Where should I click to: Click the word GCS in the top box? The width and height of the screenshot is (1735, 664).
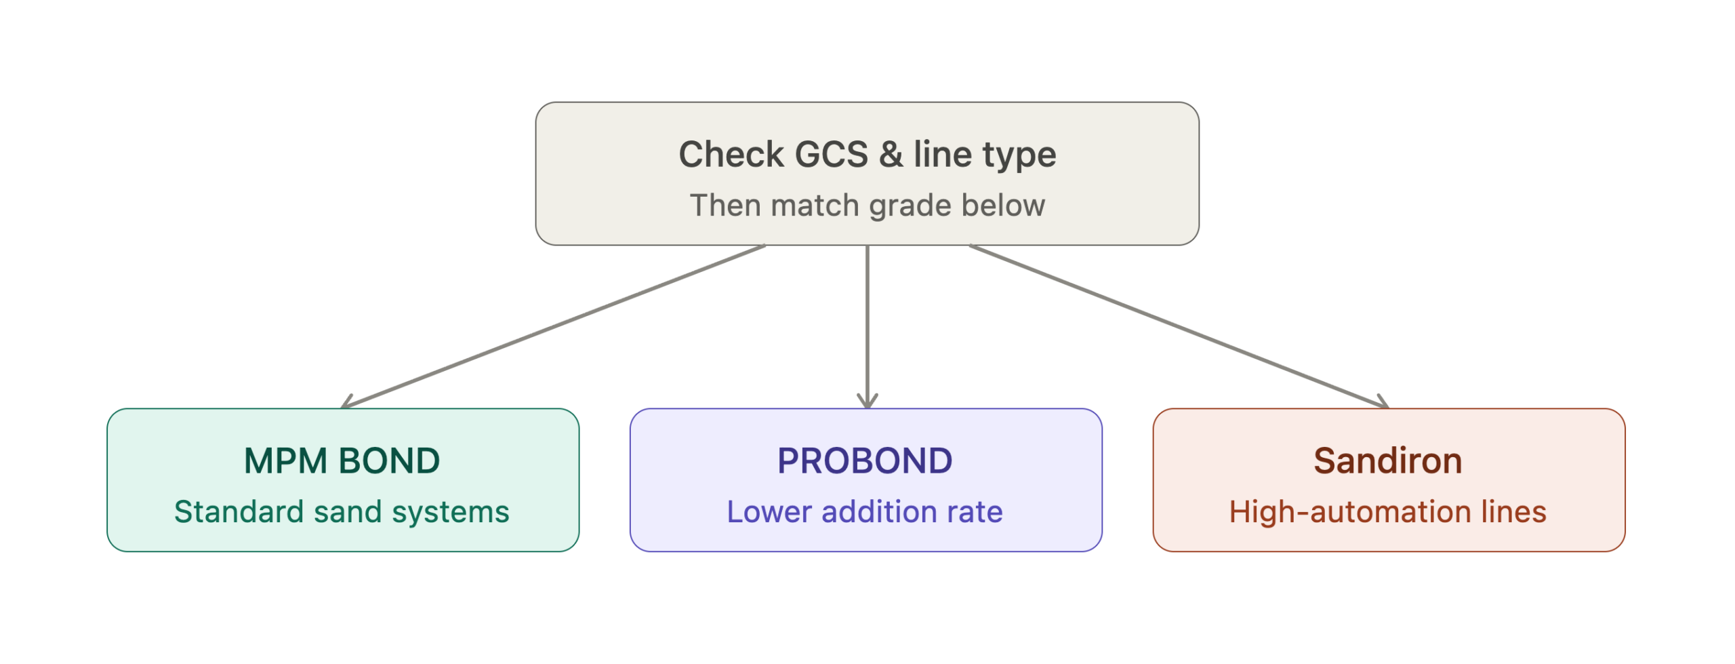pyautogui.click(x=831, y=154)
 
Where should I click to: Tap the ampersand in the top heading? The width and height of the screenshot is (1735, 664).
pyautogui.click(x=891, y=154)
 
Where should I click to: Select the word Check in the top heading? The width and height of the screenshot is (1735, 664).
pyautogui.click(x=731, y=154)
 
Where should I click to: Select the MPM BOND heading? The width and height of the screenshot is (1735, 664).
pyautogui.click(x=342, y=461)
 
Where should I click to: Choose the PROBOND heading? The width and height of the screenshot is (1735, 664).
pyautogui.click(x=865, y=461)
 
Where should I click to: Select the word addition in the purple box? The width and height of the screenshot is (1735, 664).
pyautogui.click(x=879, y=511)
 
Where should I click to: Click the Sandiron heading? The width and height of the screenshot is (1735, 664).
pyautogui.click(x=1387, y=461)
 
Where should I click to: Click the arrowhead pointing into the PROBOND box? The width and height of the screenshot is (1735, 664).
pyautogui.click(x=867, y=402)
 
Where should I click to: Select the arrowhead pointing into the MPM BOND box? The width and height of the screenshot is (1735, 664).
pyautogui.click(x=348, y=402)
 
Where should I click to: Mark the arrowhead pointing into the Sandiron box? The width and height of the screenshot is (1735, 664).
pyautogui.click(x=1383, y=402)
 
